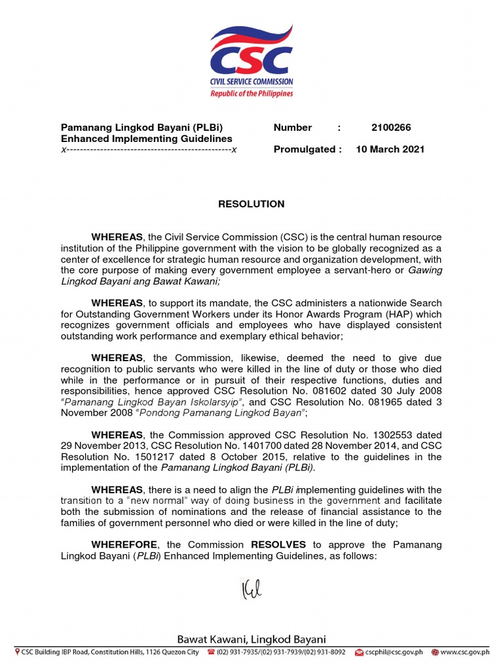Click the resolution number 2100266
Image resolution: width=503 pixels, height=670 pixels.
pyautogui.click(x=391, y=128)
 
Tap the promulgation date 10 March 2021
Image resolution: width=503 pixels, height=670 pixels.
pyautogui.click(x=390, y=149)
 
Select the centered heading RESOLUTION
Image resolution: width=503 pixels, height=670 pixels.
pyautogui.click(x=251, y=204)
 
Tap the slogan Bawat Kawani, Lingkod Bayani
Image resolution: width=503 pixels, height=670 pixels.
pyautogui.click(x=251, y=639)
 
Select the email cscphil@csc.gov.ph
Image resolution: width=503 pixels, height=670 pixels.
pyautogui.click(x=394, y=652)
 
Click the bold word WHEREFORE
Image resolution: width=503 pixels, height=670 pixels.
pyautogui.click(x=124, y=545)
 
